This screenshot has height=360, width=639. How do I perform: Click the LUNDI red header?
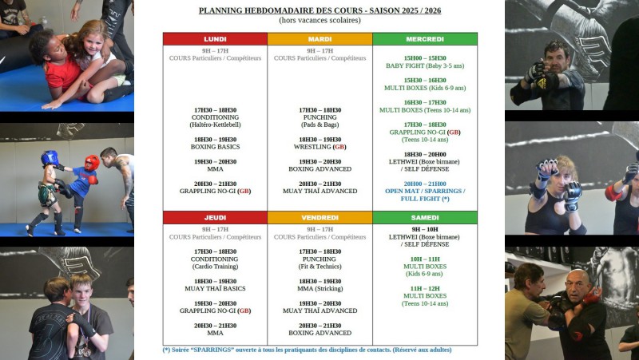pos(215,39)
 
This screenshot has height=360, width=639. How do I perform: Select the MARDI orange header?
pos(319,39)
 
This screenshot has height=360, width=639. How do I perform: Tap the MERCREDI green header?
pos(424,39)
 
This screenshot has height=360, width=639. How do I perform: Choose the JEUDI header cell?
pos(215,217)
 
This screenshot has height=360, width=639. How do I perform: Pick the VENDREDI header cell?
pos(319,217)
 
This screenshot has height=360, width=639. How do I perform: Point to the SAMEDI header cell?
pos(424,217)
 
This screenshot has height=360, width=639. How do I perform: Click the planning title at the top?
pos(319,10)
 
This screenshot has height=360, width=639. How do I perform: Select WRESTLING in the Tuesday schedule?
pos(319,147)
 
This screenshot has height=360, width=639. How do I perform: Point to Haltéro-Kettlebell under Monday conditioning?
pos(215,125)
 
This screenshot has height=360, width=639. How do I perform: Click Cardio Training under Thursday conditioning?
pos(215,267)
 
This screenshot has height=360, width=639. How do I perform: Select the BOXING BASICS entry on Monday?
pos(215,147)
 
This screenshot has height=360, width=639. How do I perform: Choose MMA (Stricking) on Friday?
pos(319,289)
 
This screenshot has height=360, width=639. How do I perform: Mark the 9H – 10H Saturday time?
pos(424,229)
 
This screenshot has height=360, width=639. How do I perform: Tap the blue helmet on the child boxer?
pos(50,158)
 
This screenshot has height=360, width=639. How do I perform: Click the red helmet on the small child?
pos(91,162)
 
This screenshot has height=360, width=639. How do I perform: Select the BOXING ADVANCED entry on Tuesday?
pos(319,169)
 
